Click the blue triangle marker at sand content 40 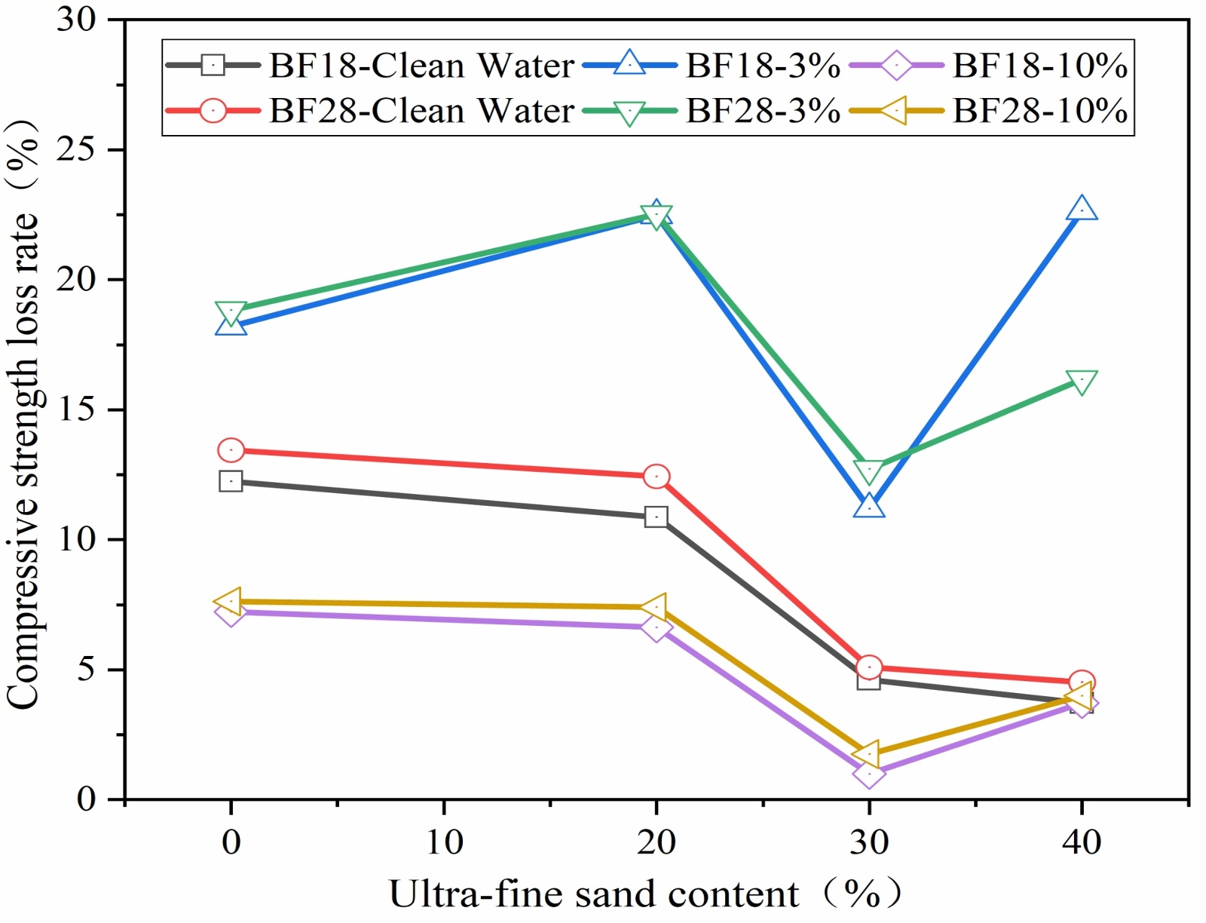[1082, 209]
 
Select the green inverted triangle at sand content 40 [1082, 382]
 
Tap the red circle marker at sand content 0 [231, 450]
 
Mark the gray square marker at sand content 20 [656, 517]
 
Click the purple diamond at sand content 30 [869, 773]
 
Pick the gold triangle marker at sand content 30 [868, 753]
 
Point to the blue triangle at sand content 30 [869, 507]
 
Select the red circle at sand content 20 [656, 476]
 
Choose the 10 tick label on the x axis [444, 842]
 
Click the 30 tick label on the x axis [869, 842]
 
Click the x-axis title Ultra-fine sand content [593, 894]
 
